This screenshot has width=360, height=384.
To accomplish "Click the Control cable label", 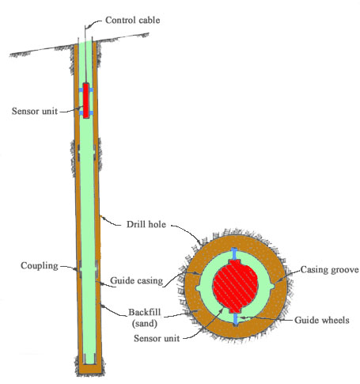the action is tap(133, 20).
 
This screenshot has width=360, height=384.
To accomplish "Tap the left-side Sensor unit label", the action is tap(35, 111).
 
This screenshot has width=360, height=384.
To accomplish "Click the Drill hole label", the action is tap(146, 224).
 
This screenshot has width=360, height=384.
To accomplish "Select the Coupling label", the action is tap(40, 265).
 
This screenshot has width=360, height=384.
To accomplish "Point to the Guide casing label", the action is tap(136, 280).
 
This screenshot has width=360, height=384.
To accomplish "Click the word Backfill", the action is tap(144, 312).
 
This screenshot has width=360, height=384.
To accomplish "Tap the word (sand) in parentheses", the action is tap(145, 323).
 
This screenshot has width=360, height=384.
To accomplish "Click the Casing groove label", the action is tap(329, 269).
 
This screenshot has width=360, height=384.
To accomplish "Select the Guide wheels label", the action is tap(322, 320).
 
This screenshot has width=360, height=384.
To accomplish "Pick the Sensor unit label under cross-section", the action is tap(157, 338).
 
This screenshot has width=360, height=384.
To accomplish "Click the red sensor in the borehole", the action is tap(85, 101).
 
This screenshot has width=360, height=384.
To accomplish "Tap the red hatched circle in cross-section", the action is tap(235, 286).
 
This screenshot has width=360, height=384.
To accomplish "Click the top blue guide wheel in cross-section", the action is tap(234, 253).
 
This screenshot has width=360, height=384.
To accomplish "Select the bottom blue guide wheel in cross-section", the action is tap(236, 319).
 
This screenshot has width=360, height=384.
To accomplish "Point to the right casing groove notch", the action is tap(273, 287).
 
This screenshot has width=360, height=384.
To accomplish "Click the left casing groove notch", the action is tap(198, 288).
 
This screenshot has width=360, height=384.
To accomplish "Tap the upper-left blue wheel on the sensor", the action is tap(81, 90).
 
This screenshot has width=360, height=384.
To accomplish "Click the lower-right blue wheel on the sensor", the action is tap(91, 113).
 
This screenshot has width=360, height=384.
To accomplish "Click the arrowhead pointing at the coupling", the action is tap(76, 269).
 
